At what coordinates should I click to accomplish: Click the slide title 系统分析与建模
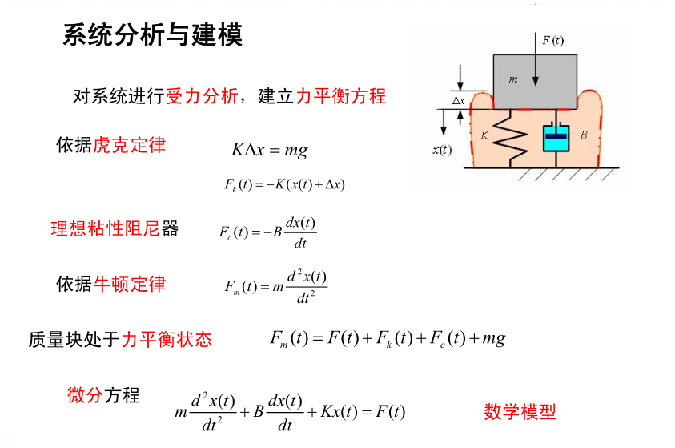(x=152, y=36)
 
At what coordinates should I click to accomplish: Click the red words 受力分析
(x=201, y=97)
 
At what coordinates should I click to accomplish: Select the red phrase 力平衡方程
(x=341, y=97)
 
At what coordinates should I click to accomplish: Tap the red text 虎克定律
(x=129, y=145)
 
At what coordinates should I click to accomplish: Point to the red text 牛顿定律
(x=129, y=284)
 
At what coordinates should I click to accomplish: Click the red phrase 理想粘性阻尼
(x=106, y=229)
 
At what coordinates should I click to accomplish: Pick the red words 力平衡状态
(x=167, y=340)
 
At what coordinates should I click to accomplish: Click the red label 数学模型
(x=520, y=412)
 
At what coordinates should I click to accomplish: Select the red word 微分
(x=85, y=394)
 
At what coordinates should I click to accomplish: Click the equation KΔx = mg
(x=269, y=150)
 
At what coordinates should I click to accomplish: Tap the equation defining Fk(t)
(x=284, y=184)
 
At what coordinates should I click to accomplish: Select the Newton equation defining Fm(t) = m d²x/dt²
(x=275, y=286)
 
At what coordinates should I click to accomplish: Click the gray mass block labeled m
(x=535, y=81)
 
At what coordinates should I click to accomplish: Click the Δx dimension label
(x=459, y=101)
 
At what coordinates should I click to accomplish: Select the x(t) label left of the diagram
(x=441, y=150)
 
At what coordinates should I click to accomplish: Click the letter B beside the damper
(x=584, y=135)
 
